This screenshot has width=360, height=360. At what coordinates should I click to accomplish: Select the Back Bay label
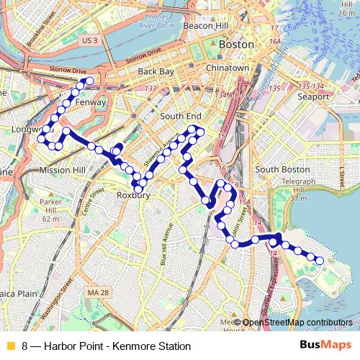pos(156,72)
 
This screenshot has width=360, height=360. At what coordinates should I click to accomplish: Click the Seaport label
pos(313,96)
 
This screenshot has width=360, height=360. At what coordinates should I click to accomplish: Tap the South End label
pos(180,116)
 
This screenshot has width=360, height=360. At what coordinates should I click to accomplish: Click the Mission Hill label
pos(63,170)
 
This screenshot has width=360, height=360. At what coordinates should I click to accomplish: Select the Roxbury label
pos(132,194)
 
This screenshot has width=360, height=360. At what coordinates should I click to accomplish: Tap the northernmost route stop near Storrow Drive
pos(89,82)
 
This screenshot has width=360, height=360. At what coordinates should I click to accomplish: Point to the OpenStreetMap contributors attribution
pos(297,323)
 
